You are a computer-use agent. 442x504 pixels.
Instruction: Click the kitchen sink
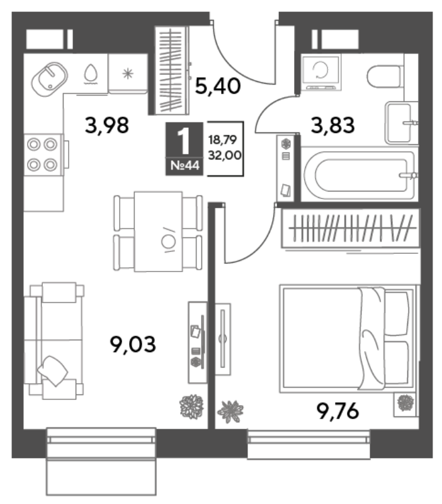pyautogui.click(x=50, y=79)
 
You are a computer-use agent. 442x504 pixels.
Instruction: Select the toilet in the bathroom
pyautogui.click(x=385, y=76)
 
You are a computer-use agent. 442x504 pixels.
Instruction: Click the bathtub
pyautogui.click(x=359, y=175)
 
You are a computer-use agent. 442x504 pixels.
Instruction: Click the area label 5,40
pyautogui.click(x=218, y=86)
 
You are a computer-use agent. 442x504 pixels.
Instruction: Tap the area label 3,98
pyautogui.click(x=107, y=125)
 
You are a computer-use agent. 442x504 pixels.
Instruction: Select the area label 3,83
pyautogui.click(x=333, y=125)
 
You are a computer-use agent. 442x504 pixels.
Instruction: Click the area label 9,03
pyautogui.click(x=133, y=344)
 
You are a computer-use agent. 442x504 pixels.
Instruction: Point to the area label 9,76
pyautogui.click(x=337, y=411)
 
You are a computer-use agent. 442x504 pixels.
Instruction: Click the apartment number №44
pyautogui.click(x=184, y=166)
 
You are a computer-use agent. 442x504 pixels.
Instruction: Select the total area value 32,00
pyautogui.click(x=225, y=155)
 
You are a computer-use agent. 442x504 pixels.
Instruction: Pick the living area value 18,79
pyautogui.click(x=222, y=140)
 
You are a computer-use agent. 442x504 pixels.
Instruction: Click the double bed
pyautogui.click(x=349, y=338)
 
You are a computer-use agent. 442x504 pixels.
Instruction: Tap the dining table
pyautogui.click(x=159, y=232)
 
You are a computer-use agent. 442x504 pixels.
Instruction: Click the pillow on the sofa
pyautogui.click(x=53, y=370)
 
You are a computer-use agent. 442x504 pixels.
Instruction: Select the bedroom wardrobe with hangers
pyautogui.click(x=351, y=228)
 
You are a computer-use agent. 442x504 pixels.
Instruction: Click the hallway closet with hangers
pyautogui.click(x=171, y=70)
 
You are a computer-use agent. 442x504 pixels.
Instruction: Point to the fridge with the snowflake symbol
pyautogui.click(x=128, y=74)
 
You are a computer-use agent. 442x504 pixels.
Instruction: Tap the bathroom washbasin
pyautogui.click(x=399, y=122)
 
